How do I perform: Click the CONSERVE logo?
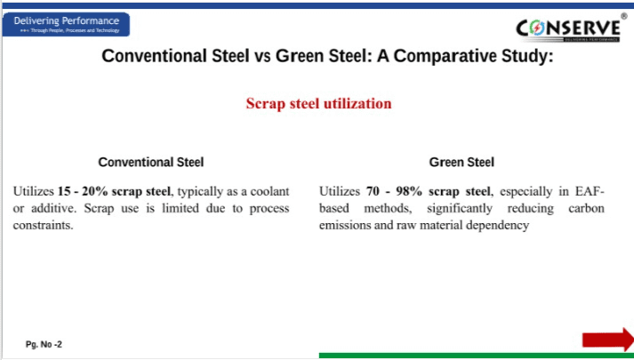[568, 28]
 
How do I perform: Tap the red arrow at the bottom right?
[608, 340]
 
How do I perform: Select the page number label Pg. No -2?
[44, 344]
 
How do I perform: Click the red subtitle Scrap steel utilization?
[318, 103]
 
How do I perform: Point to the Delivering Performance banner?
[67, 24]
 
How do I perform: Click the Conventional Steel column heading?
[151, 162]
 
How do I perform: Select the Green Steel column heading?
[461, 162]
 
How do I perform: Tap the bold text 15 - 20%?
[83, 191]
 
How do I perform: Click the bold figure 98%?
[409, 191]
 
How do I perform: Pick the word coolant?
[269, 191]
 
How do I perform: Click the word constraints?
[43, 225]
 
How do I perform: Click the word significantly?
[460, 209]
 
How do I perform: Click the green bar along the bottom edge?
[477, 356]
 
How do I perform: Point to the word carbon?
[586, 208]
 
